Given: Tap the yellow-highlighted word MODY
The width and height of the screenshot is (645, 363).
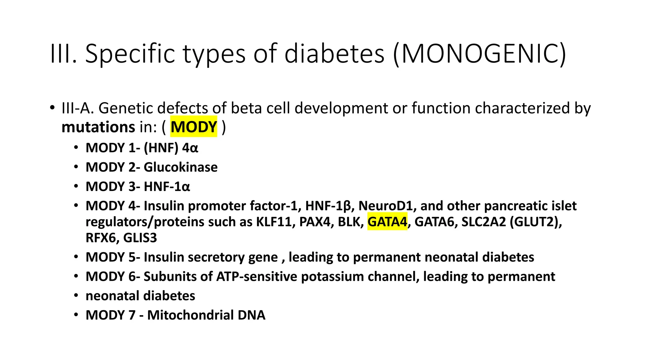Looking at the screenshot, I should coord(194,127).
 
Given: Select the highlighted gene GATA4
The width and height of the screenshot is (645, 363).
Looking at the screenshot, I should coord(387,222).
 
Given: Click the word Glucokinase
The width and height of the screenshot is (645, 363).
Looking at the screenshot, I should coord(180,167).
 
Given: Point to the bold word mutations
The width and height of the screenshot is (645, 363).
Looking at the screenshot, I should coord(98,127).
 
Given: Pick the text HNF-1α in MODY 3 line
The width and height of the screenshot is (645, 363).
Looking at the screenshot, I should coord(167,187).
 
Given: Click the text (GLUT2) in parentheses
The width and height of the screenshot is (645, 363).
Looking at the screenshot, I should coord(535,222).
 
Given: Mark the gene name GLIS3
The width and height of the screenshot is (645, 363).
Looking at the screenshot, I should coord(140,238).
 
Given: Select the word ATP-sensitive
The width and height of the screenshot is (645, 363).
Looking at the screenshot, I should coord(257,277).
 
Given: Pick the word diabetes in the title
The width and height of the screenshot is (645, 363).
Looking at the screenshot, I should coord(334,54).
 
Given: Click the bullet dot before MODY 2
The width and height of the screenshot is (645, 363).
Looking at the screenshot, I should coord(76,167).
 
